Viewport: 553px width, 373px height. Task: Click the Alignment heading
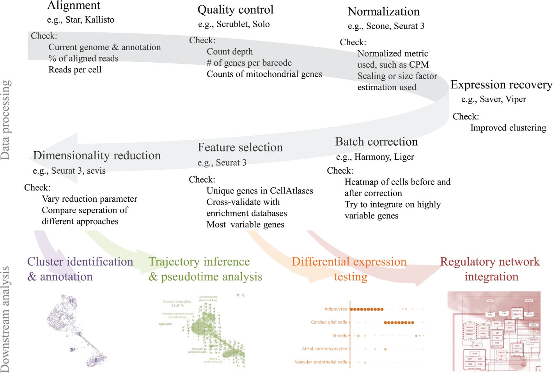[74, 5]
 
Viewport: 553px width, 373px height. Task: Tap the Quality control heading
[236, 10]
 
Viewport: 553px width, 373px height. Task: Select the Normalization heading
[383, 12]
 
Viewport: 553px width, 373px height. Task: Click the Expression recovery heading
[501, 85]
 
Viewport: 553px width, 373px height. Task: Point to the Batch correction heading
[376, 142]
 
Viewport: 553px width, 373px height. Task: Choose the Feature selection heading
[240, 148]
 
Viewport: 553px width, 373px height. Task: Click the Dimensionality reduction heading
[97, 155]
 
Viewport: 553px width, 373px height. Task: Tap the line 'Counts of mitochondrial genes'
[264, 74]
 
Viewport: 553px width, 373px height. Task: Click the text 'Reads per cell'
[75, 70]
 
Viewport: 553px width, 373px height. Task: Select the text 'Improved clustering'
[508, 128]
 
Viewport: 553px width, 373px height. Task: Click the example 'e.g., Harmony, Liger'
[375, 157]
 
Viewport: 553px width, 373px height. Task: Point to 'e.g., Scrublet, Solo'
[234, 25]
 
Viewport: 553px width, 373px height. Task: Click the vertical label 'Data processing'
[6, 120]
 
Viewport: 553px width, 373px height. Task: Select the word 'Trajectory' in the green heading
[172, 262]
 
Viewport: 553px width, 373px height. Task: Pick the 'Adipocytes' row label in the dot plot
[335, 309]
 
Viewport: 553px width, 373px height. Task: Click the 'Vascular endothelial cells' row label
[321, 362]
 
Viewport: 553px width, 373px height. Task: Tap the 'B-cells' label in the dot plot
[340, 336]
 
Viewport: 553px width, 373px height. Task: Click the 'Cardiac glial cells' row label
[329, 322]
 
